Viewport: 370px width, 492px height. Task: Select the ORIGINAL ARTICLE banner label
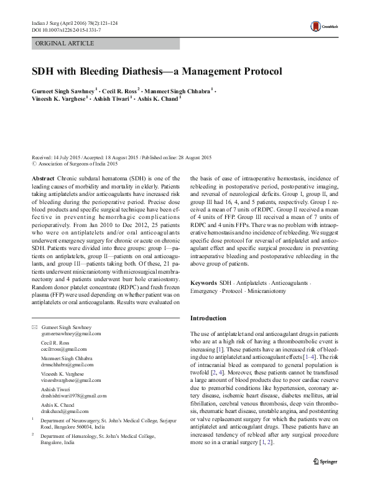tap(65, 43)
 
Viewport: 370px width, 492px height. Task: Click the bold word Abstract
tap(42, 177)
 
